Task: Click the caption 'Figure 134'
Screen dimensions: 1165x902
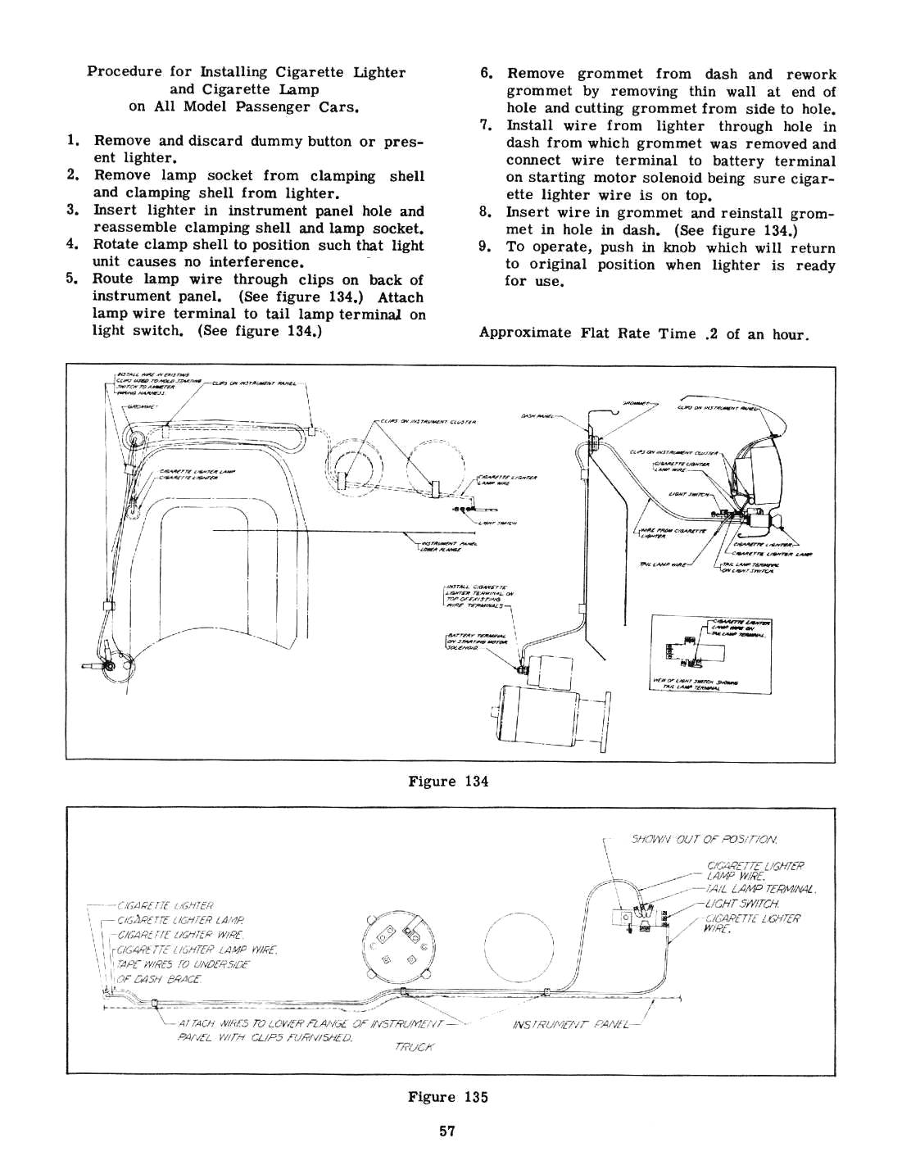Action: point(447,781)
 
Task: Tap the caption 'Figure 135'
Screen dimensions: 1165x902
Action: point(447,1097)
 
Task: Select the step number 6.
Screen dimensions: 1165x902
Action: point(485,74)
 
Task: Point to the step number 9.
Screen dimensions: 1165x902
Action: point(485,247)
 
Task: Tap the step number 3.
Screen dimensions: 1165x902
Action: point(71,211)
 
